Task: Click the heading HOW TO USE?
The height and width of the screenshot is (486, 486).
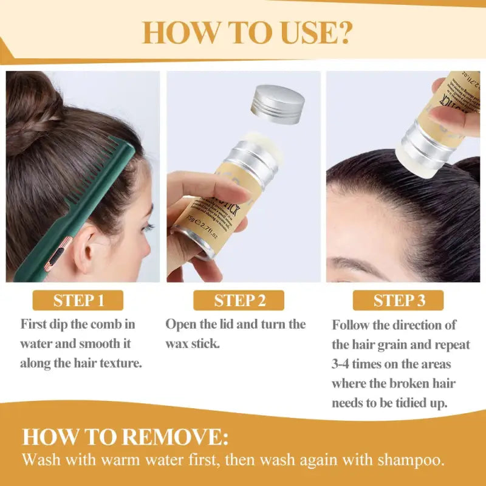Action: pos(246,33)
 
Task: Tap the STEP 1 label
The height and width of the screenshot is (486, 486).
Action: pos(78,300)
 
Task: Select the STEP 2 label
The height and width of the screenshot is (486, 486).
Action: pos(239,300)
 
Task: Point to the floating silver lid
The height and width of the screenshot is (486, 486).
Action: pos(278,104)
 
